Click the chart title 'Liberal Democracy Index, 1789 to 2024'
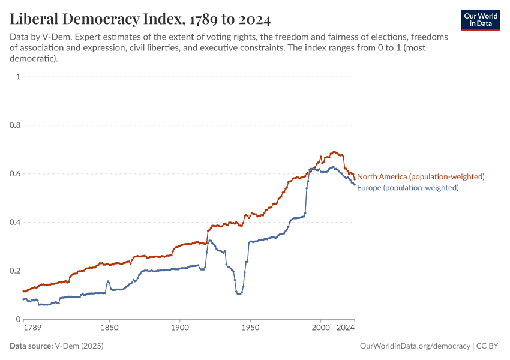click(x=140, y=19)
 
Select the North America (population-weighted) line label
click(x=421, y=176)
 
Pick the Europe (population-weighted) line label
click(x=408, y=188)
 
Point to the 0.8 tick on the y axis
click(x=15, y=125)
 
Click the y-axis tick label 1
click(x=19, y=77)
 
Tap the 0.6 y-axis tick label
click(x=15, y=174)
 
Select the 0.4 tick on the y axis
click(x=15, y=223)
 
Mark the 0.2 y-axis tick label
click(x=15, y=271)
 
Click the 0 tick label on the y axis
click(x=19, y=319)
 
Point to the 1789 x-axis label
click(x=32, y=329)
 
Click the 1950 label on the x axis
click(x=250, y=329)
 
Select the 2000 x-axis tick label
click(x=320, y=329)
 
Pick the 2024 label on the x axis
click(x=345, y=329)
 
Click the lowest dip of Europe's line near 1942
click(x=239, y=294)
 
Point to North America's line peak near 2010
click(x=334, y=152)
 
